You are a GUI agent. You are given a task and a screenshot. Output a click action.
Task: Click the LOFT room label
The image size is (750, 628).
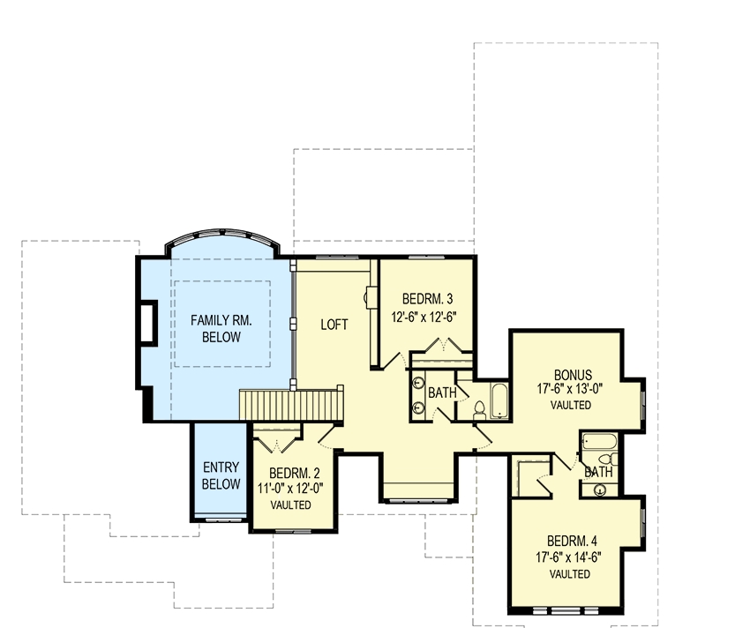click(334, 325)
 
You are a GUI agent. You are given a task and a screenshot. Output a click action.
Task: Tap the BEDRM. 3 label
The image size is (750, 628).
click(427, 299)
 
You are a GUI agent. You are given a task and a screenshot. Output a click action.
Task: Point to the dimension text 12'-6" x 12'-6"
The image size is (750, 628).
click(424, 318)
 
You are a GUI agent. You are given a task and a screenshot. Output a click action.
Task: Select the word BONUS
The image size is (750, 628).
click(573, 375)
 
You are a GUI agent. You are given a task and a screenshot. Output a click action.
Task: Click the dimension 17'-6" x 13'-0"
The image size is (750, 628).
click(570, 388)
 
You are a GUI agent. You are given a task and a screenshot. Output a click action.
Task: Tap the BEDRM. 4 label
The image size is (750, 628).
click(572, 541)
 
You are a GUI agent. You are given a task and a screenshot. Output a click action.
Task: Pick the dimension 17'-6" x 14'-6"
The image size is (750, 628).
click(569, 557)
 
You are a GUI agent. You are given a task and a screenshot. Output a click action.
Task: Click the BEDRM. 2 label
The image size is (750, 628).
click(294, 473)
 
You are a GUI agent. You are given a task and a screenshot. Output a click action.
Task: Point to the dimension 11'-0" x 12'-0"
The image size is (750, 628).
click(291, 489)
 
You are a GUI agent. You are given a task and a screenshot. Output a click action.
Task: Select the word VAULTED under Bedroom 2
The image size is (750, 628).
click(291, 505)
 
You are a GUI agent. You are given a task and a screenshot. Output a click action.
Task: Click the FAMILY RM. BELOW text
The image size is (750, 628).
click(221, 329)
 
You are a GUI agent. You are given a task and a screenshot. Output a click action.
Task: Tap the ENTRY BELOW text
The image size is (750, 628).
click(221, 475)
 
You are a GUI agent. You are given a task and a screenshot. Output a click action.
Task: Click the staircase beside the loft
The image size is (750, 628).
click(291, 406)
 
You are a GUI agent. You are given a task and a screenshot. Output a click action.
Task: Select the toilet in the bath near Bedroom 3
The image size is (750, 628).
click(479, 411)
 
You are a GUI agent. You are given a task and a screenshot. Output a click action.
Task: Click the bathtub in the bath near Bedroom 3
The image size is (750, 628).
click(499, 400)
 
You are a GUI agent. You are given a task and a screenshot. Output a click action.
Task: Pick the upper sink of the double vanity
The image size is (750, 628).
click(418, 383)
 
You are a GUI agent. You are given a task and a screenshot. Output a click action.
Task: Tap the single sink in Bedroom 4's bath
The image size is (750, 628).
click(600, 490)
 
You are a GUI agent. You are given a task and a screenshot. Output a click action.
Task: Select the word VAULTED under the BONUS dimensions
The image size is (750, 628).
click(571, 405)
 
